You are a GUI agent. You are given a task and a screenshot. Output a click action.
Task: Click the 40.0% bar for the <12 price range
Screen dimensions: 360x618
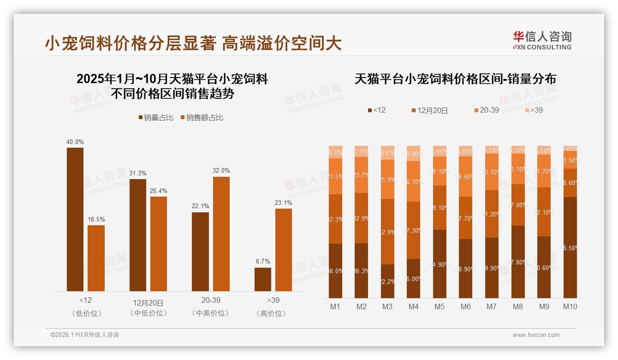click(75, 219)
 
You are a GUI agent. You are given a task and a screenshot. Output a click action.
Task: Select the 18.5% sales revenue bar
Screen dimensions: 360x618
click(96, 258)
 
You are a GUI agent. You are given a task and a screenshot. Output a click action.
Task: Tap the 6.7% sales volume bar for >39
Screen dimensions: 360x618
click(263, 279)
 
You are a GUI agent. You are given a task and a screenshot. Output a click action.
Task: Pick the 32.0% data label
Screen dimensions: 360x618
click(221, 170)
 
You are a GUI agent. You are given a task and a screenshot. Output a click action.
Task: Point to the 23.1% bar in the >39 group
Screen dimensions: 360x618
click(284, 250)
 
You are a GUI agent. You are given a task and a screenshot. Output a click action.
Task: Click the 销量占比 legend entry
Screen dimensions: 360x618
click(156, 118)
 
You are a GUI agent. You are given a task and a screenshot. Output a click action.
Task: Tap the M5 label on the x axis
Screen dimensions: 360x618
click(440, 306)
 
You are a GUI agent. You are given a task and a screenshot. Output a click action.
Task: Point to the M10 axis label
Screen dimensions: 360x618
click(570, 306)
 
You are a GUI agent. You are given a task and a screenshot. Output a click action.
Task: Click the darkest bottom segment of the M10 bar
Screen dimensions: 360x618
click(570, 247)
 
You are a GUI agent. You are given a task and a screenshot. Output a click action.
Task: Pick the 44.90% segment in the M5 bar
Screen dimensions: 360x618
click(440, 264)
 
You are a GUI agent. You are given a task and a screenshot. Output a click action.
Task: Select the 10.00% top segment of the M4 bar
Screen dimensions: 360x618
click(414, 154)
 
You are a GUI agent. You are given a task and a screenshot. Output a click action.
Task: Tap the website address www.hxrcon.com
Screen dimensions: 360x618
click(536, 335)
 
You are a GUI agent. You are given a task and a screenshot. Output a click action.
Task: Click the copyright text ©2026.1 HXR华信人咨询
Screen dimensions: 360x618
click(84, 335)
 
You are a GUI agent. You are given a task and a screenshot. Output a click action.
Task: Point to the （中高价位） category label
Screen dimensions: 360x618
click(211, 313)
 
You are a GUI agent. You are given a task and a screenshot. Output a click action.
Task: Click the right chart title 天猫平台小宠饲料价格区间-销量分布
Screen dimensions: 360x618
click(455, 79)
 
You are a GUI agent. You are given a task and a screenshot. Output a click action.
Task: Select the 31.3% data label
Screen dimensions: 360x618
click(138, 173)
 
